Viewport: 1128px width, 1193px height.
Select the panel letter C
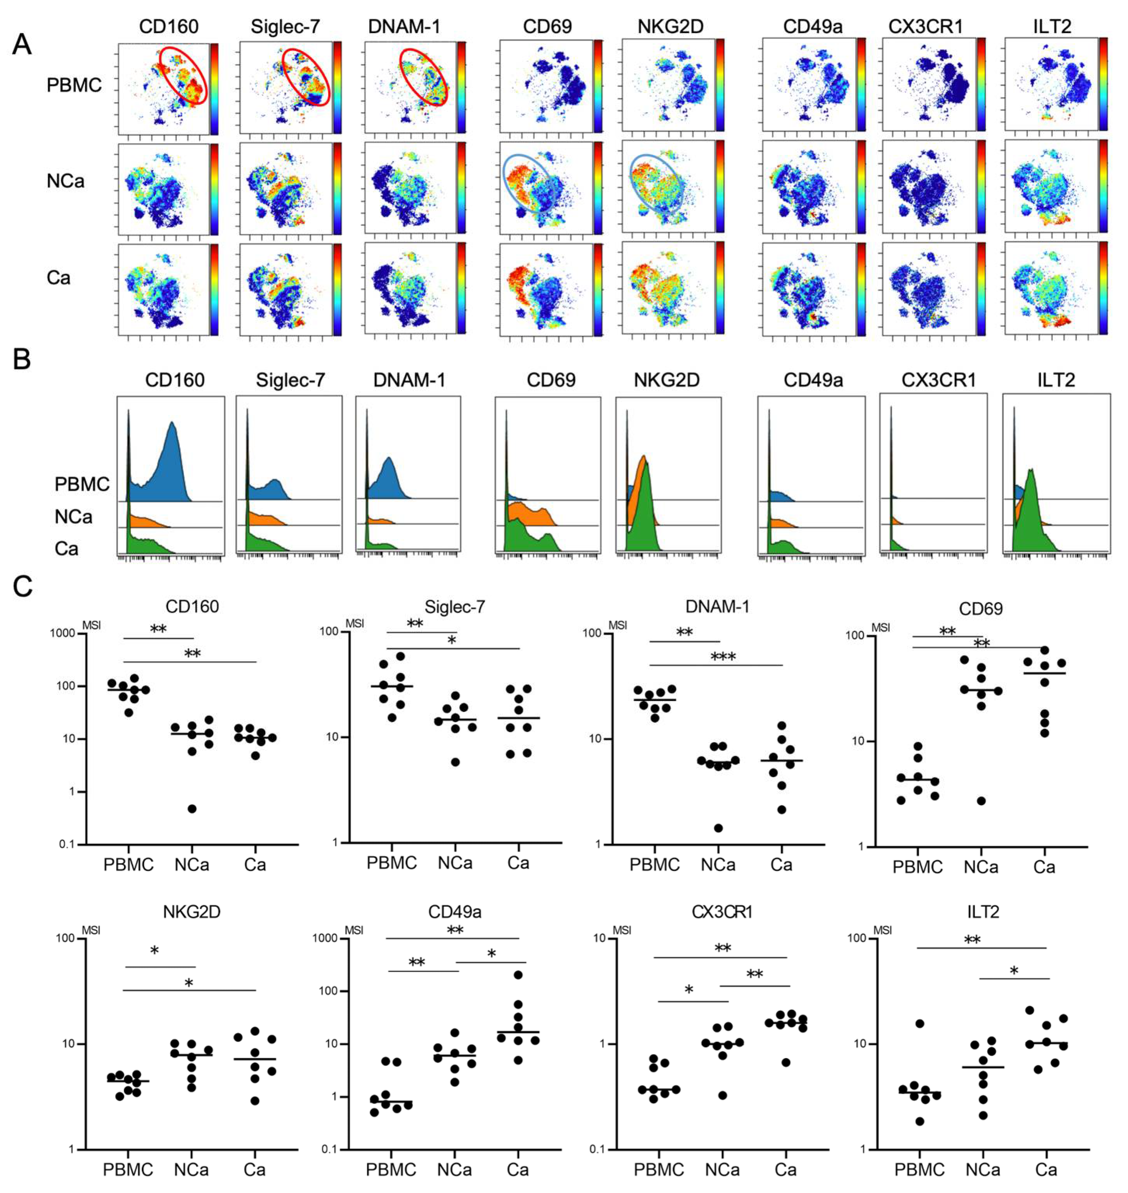click(x=22, y=586)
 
